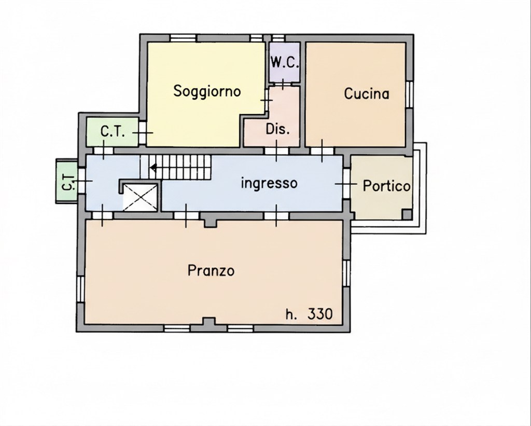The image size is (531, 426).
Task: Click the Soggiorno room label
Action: (x=207, y=91)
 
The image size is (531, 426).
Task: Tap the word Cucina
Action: (x=367, y=93)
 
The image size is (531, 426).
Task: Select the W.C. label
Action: (x=285, y=63)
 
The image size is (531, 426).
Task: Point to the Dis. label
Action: (x=278, y=129)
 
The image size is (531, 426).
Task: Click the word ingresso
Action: (x=269, y=183)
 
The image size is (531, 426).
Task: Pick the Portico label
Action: (x=386, y=186)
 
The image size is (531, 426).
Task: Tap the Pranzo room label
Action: (x=211, y=270)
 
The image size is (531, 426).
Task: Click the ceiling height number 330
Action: (x=320, y=314)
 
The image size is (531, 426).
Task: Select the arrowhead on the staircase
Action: (x=153, y=167)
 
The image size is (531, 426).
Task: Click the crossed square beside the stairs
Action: (x=140, y=197)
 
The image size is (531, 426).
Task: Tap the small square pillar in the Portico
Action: (x=407, y=214)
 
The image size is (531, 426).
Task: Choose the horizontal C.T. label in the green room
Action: (x=113, y=131)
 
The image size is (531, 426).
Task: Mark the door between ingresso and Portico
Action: (x=346, y=183)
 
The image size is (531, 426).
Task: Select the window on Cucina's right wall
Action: (x=410, y=94)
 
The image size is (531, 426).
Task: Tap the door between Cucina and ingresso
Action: (x=322, y=151)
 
